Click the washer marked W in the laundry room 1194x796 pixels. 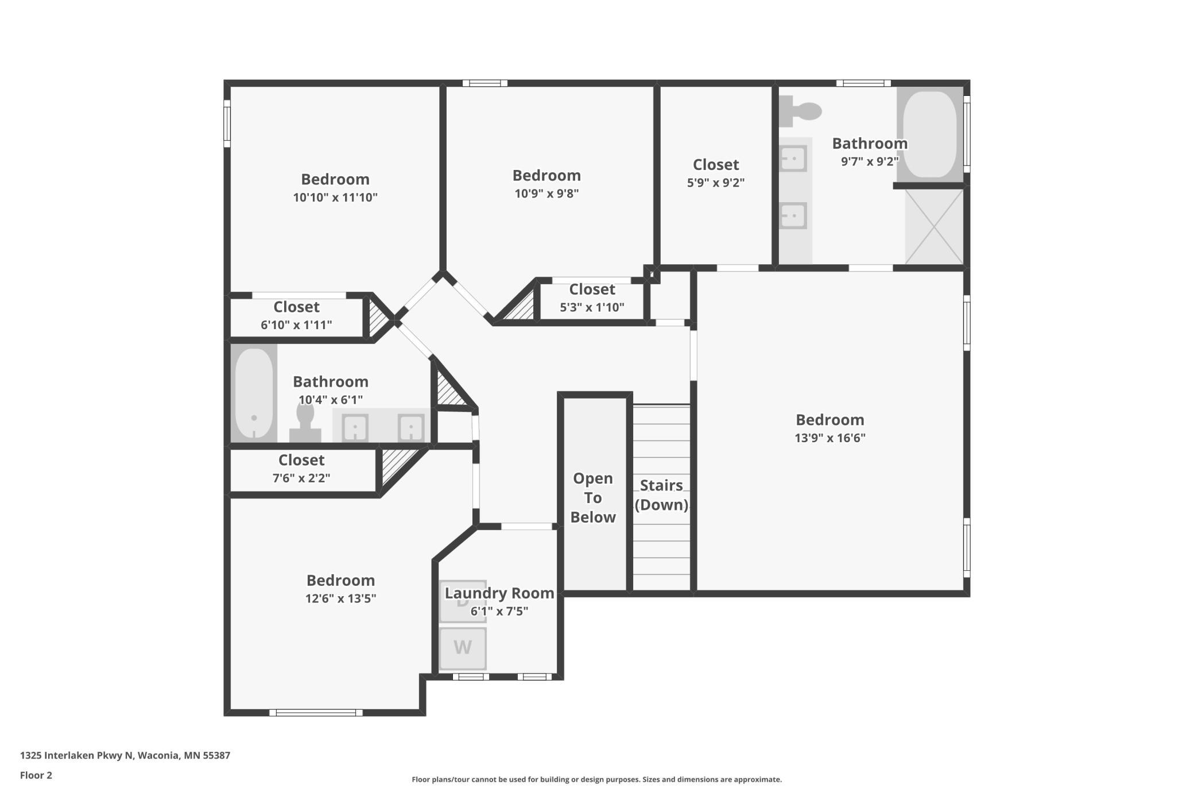(463, 648)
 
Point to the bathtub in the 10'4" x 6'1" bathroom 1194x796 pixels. (254, 393)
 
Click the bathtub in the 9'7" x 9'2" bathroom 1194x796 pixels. (930, 134)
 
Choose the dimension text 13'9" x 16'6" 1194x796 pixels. (829, 438)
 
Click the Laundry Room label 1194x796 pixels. (499, 593)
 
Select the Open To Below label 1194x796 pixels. (593, 497)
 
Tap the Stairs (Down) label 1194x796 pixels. (661, 494)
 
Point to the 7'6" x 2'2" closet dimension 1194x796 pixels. (301, 478)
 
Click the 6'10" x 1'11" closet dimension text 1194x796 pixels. (296, 325)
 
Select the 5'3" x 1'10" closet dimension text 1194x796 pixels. (592, 307)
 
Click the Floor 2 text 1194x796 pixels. (36, 775)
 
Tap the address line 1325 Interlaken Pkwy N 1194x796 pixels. (125, 755)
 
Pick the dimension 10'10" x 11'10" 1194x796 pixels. (335, 198)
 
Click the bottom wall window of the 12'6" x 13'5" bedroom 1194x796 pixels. (316, 713)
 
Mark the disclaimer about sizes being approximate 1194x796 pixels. (596, 779)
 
